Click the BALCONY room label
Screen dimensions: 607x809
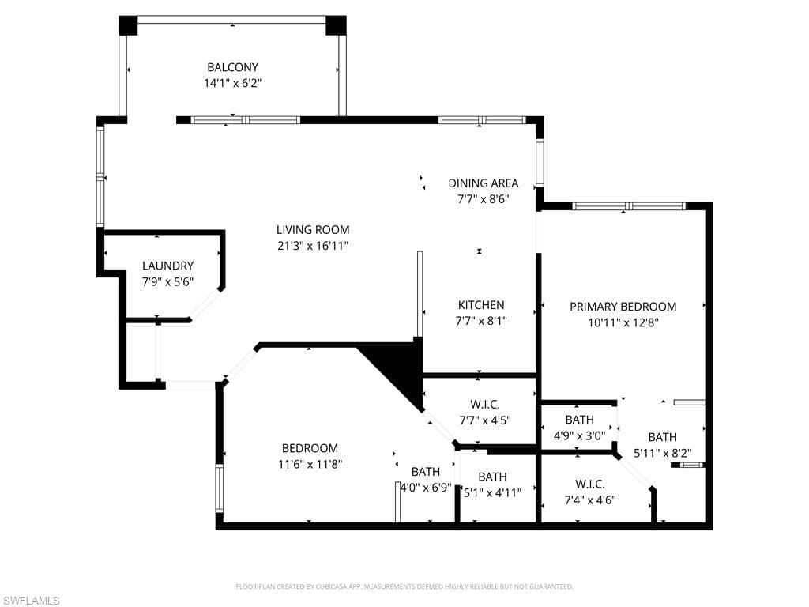(x=232, y=67)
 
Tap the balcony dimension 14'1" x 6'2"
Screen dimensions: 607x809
(x=232, y=82)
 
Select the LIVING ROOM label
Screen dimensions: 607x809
(x=312, y=230)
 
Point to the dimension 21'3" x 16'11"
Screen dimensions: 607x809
(x=312, y=246)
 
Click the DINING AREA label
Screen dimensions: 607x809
(x=484, y=183)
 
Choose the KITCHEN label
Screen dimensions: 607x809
(x=481, y=305)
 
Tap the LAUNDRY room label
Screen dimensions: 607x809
(x=167, y=266)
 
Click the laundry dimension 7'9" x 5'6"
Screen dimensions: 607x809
(x=167, y=281)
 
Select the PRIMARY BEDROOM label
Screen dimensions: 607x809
(x=623, y=307)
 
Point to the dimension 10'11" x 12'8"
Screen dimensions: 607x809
(x=623, y=322)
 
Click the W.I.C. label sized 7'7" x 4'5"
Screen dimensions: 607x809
(x=485, y=405)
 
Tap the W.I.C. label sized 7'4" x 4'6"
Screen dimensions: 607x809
(x=590, y=484)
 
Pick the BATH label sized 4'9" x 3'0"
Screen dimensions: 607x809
(x=579, y=420)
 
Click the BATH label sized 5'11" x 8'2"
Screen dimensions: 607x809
(x=662, y=437)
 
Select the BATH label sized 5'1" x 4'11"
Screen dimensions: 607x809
(x=492, y=477)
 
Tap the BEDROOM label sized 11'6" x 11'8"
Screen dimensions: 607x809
(x=310, y=448)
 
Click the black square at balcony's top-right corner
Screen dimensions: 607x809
(x=336, y=25)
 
